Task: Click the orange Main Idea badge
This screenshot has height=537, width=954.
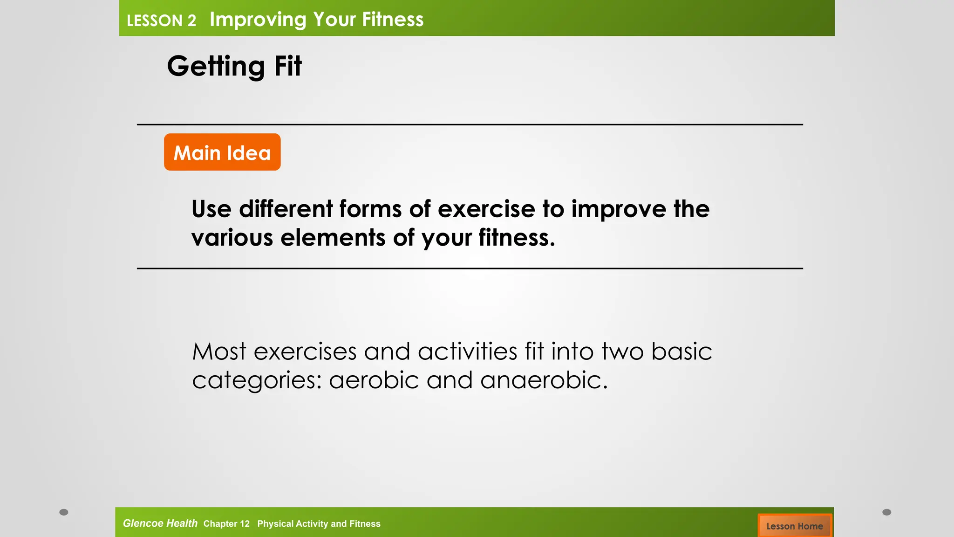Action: tap(222, 152)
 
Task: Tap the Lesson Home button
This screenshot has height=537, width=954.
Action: tap(794, 526)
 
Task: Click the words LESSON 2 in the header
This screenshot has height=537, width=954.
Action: tap(161, 21)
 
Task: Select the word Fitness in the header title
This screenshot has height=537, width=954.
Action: tap(393, 20)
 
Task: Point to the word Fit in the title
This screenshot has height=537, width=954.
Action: tap(288, 66)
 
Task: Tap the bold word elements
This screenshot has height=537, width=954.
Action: tap(333, 238)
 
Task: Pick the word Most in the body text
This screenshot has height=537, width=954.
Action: tap(219, 351)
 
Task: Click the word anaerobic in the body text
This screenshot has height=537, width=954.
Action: tap(544, 380)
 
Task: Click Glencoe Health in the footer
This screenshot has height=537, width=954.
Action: tap(160, 523)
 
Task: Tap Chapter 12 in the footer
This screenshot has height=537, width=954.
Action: tap(226, 524)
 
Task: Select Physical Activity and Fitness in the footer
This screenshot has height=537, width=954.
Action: tap(319, 524)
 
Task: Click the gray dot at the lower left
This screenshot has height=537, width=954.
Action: tap(64, 512)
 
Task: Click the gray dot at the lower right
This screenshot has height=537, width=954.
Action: tap(887, 512)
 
